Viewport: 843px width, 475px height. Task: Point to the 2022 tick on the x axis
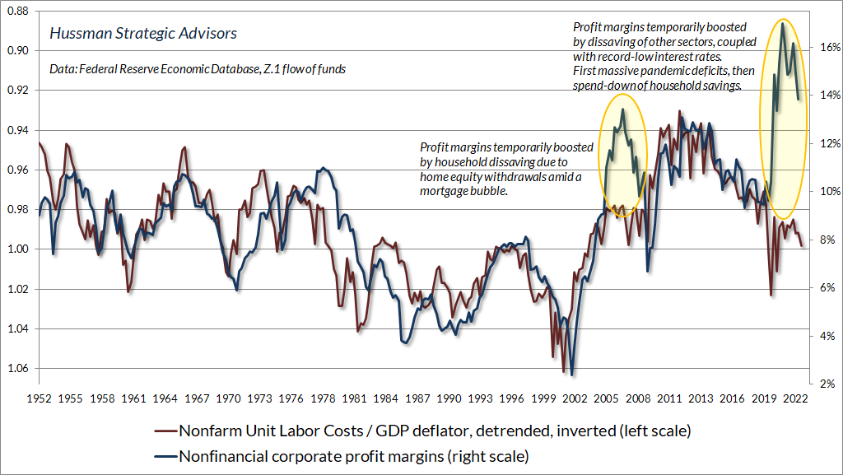pyautogui.click(x=796, y=398)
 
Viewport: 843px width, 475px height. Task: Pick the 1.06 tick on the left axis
pyautogui.click(x=17, y=368)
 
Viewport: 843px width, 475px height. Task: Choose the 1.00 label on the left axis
pyautogui.click(x=17, y=249)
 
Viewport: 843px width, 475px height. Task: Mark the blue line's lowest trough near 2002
pyautogui.click(x=571, y=375)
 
